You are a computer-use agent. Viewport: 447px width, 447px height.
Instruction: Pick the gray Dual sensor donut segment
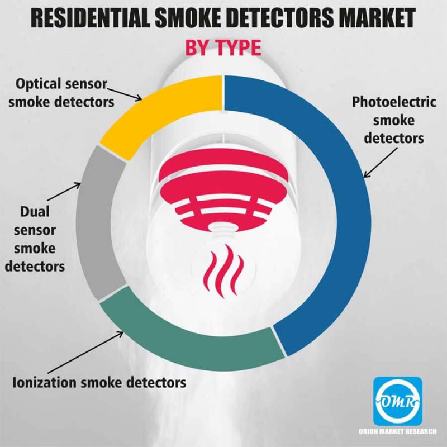94,222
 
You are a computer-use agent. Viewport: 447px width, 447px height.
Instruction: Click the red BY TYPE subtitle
223,47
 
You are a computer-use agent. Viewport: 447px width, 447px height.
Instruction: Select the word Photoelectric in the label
394,102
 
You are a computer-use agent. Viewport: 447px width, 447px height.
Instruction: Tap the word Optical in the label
39,84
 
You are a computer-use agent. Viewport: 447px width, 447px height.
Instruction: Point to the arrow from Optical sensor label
125,94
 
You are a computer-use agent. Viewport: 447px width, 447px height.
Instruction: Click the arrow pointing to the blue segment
381,163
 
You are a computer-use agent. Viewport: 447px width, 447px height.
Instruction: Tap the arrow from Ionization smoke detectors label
85,352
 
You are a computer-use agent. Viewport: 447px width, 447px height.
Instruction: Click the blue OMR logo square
398,401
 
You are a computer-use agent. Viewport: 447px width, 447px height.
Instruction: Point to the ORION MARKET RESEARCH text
397,431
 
